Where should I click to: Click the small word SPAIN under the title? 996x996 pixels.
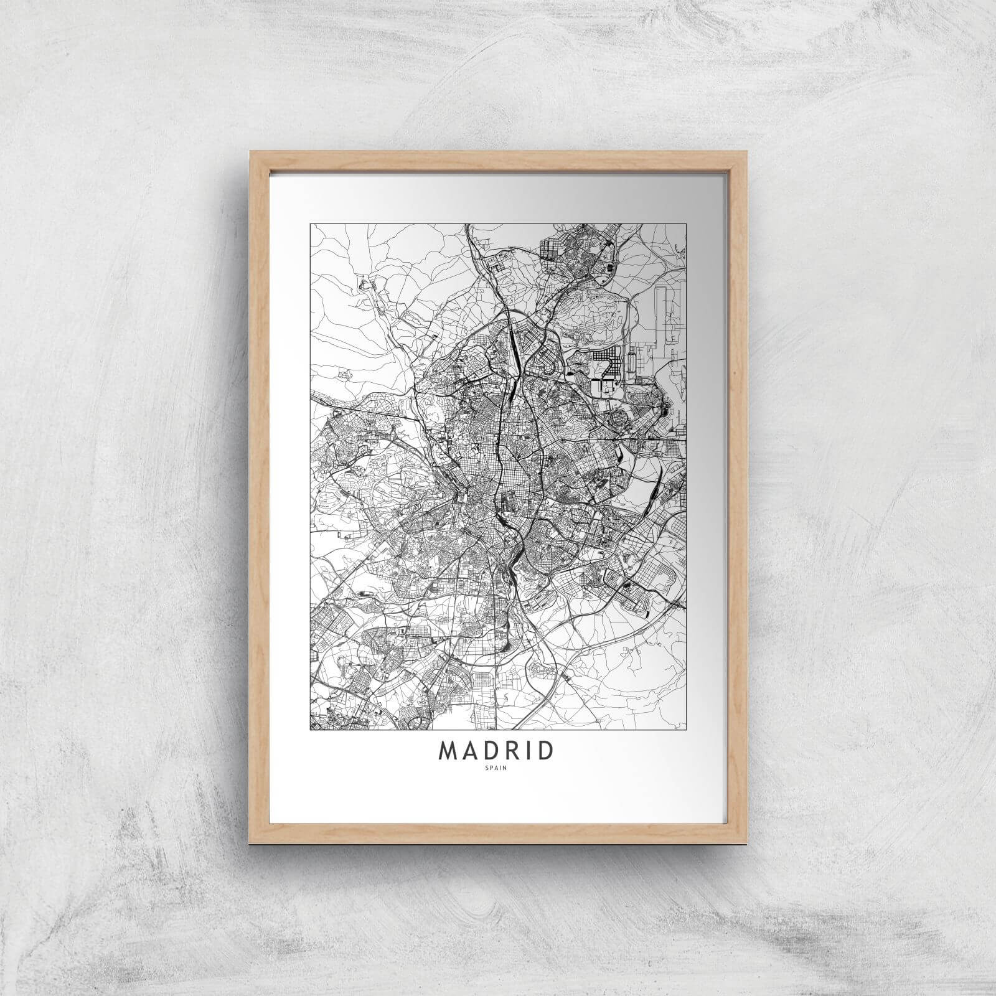(x=497, y=770)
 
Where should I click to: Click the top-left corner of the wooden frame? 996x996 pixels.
(x=250, y=151)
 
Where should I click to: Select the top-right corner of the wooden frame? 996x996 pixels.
(x=746, y=151)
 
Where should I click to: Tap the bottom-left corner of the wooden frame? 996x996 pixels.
(x=250, y=839)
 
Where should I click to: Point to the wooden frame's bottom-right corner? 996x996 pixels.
(x=746, y=839)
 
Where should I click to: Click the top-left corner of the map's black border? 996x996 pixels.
(x=310, y=223)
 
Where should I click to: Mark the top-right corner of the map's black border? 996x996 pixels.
(x=686, y=223)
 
